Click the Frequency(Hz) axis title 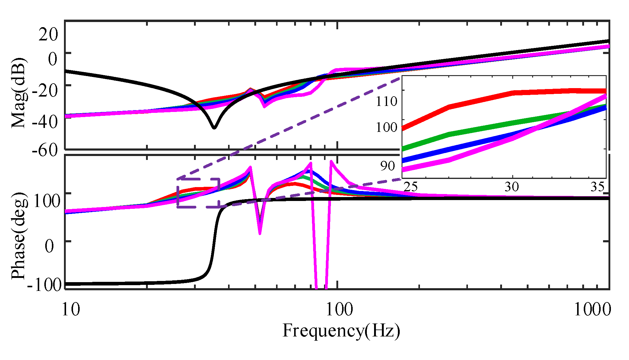(341, 331)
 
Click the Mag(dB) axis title (19, 93)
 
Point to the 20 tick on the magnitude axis (48, 34)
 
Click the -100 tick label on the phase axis (44, 285)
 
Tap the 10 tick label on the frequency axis (71, 309)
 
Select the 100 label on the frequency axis (339, 309)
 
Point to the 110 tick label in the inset (386, 101)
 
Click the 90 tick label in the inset (387, 166)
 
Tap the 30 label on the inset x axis (512, 187)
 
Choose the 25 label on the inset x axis (411, 187)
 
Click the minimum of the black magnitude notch (214, 127)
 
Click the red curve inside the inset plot (483, 100)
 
